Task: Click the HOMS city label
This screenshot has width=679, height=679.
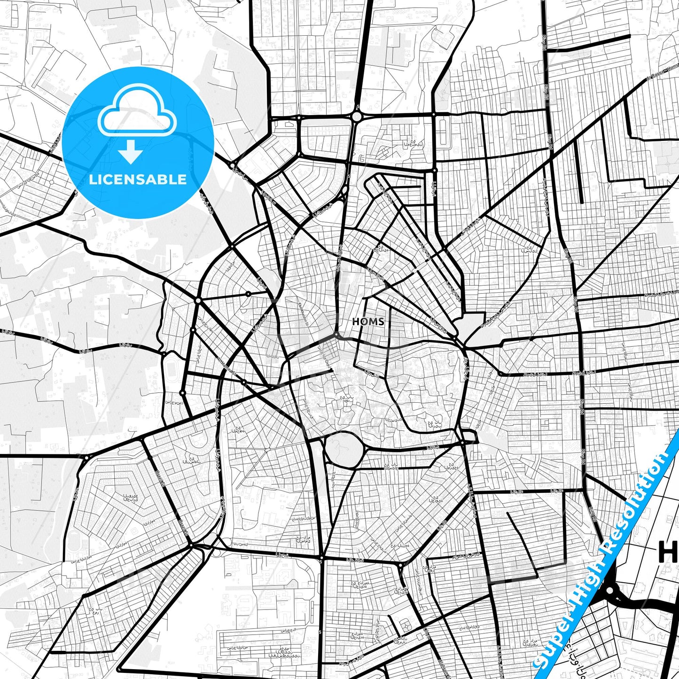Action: pos(368,322)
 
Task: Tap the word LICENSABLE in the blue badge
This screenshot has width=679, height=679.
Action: pos(138,179)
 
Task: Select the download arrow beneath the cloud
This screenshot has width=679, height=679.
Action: pos(131,152)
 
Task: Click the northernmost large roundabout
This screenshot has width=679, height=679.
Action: pos(357,116)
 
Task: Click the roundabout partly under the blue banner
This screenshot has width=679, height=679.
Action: pos(610,590)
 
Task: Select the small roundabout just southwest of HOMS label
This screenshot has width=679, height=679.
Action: pos(336,335)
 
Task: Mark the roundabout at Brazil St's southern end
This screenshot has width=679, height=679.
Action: pos(191,545)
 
